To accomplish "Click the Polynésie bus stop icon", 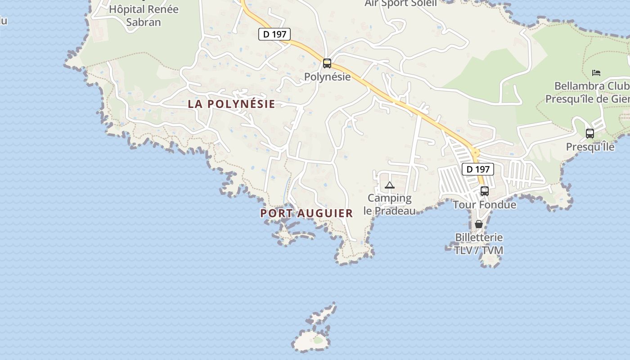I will (327, 63).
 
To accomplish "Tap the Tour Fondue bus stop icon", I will (485, 191).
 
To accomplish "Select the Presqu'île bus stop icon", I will (589, 133).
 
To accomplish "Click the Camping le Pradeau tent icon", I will (390, 185).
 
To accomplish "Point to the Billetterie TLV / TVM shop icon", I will (479, 224).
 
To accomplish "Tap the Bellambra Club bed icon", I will (596, 72).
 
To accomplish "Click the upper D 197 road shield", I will (274, 34).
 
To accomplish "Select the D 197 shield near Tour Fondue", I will (478, 169).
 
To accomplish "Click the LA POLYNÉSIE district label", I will (231, 104).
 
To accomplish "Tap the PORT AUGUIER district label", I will (306, 213).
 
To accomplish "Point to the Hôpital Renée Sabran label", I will (144, 15).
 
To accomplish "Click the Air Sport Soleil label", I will (400, 4).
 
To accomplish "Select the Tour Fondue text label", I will (485, 205).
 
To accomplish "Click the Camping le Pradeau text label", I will (390, 204).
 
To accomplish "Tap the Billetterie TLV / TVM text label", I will (479, 244).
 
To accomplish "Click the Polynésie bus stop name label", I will (327, 76).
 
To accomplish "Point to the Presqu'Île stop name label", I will (590, 147).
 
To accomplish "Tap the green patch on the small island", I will (318, 340).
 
